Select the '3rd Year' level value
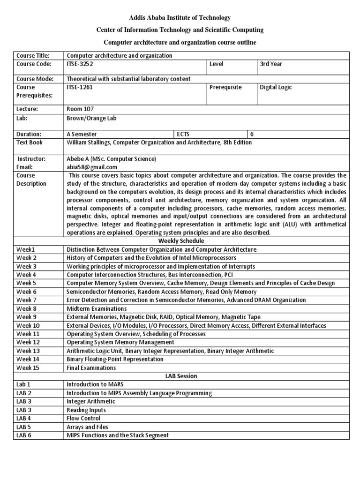pos(271,64)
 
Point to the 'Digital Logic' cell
pos(276,87)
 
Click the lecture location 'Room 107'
pos(81,109)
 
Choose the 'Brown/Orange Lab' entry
pos(91,119)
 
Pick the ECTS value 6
pos(264,134)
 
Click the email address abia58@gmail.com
pos(92,167)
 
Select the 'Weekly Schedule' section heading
pos(180,241)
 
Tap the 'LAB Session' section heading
pos(181,376)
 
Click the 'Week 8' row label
pos(26,308)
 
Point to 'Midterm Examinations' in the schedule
pos(97,308)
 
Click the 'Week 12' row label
pos(28,342)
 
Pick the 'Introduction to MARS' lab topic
pos(95,384)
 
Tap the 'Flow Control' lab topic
pos(84,418)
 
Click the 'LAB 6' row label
pos(24,435)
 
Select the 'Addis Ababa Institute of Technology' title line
pos(180,18)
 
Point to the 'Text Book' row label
pos(30,142)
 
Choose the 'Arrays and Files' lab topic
pos(87,427)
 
